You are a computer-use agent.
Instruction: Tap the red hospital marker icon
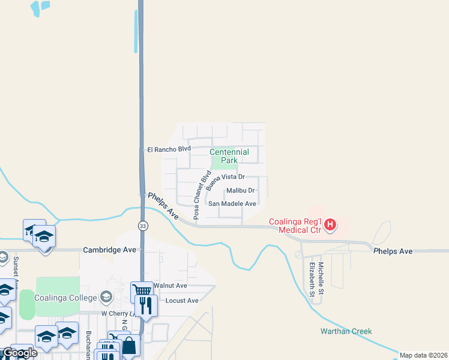[330, 226]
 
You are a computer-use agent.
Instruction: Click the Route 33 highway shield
[142, 226]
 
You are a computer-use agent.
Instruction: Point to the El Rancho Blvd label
[169, 149]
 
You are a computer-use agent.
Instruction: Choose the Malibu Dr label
[241, 191]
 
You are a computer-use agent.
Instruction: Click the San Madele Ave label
[232, 204]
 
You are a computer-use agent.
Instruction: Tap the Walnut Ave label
[170, 286]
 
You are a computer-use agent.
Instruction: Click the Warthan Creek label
[346, 331]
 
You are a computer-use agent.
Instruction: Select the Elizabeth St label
[312, 279]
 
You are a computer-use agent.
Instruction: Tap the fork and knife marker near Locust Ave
[146, 305]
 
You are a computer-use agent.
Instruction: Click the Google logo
[20, 353]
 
